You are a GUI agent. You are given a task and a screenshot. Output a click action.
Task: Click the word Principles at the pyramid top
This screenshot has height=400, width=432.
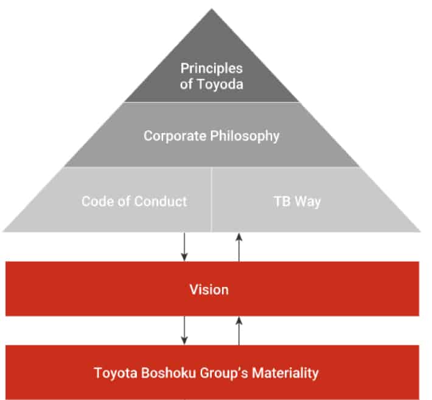212,69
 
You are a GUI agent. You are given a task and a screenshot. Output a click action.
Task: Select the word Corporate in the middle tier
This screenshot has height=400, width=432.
175,136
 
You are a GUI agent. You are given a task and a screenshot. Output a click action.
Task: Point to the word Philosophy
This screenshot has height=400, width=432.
245,136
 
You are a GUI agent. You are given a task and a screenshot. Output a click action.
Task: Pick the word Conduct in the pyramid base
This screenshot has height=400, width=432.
161,201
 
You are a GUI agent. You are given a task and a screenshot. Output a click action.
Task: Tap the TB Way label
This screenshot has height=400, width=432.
297,201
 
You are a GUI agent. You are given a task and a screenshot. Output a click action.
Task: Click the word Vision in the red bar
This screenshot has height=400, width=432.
209,289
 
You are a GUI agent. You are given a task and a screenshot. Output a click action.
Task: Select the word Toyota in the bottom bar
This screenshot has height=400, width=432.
116,373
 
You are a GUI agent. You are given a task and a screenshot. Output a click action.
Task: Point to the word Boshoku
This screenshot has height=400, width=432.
169,373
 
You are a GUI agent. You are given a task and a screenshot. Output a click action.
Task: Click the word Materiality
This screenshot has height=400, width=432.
285,374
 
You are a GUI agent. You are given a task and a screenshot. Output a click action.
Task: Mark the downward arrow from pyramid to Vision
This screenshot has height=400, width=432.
184,247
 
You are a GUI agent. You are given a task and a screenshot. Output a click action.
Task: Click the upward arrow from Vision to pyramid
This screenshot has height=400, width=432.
239,247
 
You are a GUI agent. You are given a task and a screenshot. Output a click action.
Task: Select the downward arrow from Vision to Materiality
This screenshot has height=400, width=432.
184,330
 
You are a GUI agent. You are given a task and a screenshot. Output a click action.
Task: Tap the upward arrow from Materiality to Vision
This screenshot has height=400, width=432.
239,331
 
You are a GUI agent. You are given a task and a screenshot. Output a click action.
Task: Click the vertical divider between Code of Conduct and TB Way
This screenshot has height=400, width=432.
211,199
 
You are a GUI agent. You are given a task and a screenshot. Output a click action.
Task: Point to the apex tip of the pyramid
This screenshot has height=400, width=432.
212,9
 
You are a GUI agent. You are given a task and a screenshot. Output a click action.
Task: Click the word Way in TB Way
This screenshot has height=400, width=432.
308,202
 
